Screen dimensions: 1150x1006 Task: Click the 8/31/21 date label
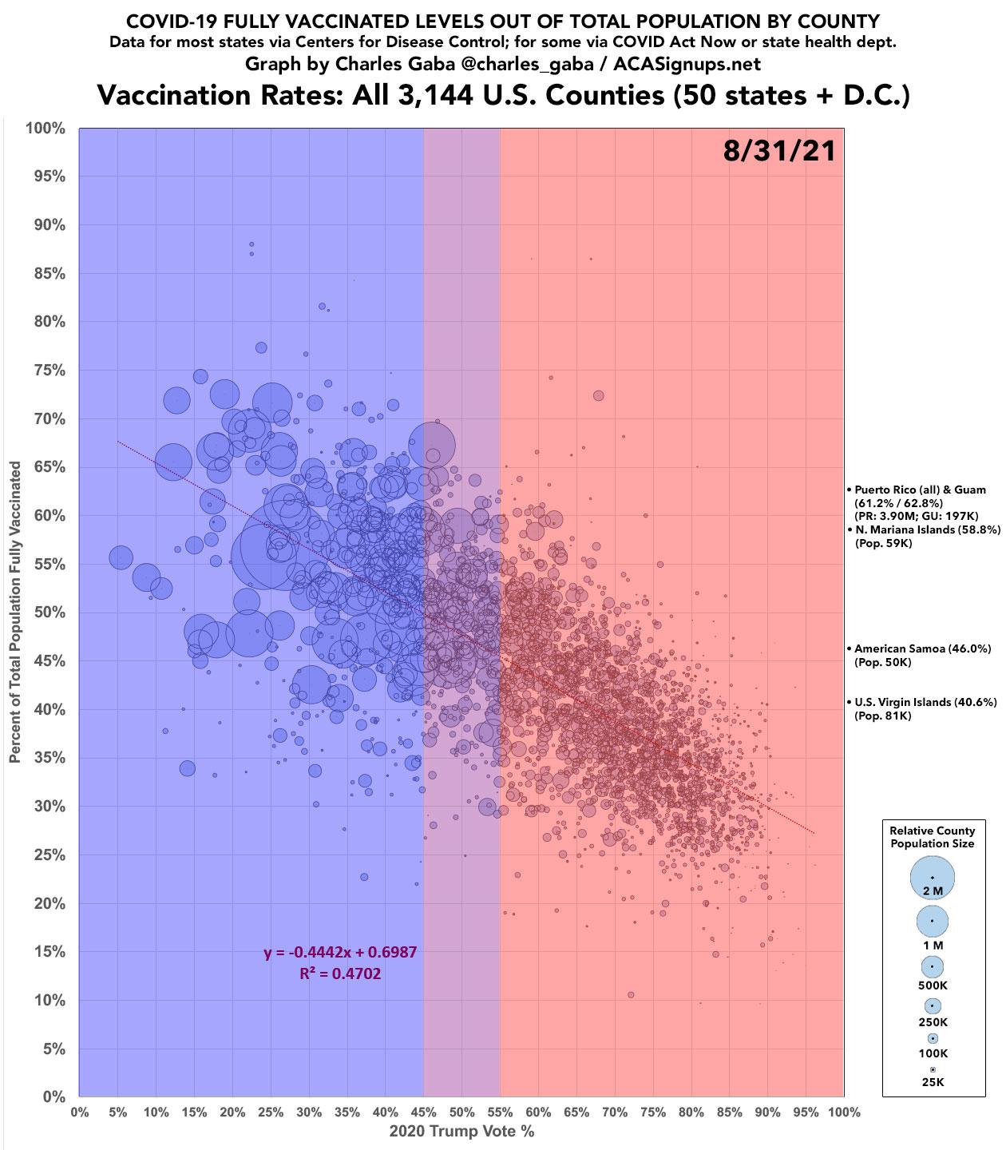[779, 150]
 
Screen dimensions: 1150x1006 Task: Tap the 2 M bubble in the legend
[932, 878]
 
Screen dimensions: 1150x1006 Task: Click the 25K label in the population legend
[933, 1082]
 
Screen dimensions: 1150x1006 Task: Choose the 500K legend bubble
[932, 966]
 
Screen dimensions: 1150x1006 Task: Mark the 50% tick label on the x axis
[461, 1112]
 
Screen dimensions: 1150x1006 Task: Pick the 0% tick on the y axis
[53, 1097]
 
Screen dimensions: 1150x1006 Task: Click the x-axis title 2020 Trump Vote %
[461, 1132]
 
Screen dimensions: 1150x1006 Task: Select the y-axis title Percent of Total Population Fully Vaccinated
[16, 612]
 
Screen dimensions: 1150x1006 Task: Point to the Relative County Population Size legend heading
[933, 837]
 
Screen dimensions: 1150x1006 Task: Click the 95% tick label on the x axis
[806, 1112]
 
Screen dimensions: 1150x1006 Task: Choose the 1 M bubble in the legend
[932, 921]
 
